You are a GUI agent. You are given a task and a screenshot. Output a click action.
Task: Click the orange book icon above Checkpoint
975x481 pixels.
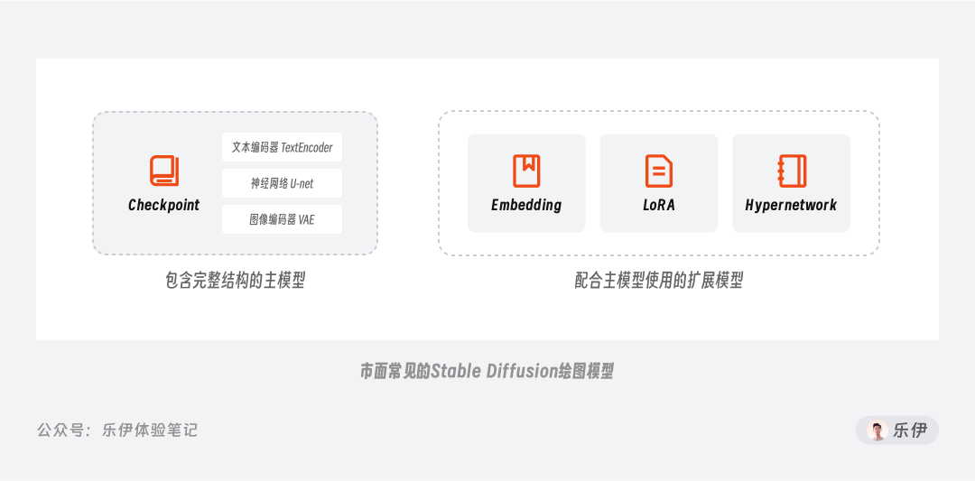(x=164, y=171)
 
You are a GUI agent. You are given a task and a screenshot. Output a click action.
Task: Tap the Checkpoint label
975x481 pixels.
(x=164, y=205)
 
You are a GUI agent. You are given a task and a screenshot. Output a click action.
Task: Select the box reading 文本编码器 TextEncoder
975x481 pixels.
(x=282, y=147)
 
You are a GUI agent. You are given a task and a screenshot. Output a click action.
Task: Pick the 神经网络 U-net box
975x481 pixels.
(x=282, y=183)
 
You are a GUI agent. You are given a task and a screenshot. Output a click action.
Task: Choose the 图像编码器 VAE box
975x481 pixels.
(x=282, y=219)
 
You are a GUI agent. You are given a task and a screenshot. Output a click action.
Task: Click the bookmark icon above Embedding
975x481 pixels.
(x=526, y=171)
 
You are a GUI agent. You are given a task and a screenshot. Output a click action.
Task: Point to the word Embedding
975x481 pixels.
(x=526, y=205)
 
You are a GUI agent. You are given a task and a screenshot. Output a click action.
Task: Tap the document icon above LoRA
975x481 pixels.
(x=659, y=171)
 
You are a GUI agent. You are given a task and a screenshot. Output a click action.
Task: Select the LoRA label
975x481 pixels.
(x=659, y=205)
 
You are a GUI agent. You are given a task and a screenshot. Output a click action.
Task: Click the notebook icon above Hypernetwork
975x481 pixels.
(x=793, y=171)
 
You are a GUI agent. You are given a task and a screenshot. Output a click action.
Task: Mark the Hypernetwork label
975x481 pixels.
(x=791, y=205)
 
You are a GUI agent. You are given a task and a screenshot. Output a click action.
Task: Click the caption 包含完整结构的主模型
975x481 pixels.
(x=235, y=282)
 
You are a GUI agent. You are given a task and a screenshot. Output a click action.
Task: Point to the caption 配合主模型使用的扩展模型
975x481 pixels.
(x=659, y=282)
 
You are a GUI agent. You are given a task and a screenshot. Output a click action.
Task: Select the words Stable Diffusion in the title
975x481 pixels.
(x=493, y=372)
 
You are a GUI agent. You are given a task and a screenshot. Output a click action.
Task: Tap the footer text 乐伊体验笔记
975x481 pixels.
(x=150, y=430)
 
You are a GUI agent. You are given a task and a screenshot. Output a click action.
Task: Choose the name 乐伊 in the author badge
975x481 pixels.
(x=910, y=430)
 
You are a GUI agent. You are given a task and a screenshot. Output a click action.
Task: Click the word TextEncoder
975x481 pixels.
(x=307, y=147)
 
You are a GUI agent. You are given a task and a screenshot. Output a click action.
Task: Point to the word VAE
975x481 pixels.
(x=306, y=219)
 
